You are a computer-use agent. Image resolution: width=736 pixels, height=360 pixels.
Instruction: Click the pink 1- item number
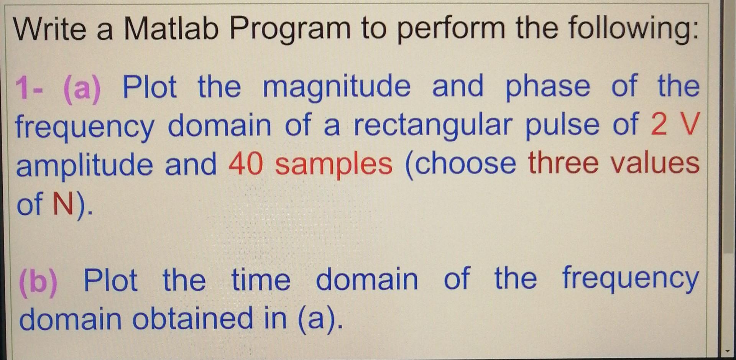coord(29,88)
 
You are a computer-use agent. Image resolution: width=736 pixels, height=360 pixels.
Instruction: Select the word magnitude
coord(337,88)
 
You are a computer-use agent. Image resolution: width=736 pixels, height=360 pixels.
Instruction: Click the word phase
coord(548,88)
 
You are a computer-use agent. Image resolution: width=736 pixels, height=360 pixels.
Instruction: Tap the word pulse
coord(562,126)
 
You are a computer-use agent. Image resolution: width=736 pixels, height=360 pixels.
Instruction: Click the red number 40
coord(246,164)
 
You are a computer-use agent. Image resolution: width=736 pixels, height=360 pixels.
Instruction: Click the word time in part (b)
coord(261,280)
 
